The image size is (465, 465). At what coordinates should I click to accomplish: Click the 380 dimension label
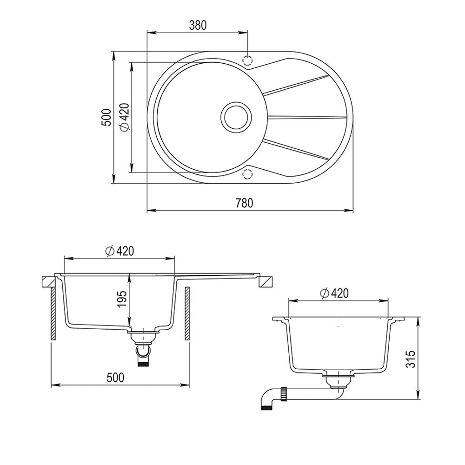coord(198,25)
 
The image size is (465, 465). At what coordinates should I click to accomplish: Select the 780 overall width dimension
coord(245,203)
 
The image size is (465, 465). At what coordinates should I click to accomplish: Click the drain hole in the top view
coord(236,117)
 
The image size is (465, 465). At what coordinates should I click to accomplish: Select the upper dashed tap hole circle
coord(247,60)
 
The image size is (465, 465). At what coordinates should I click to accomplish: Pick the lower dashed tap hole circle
coord(247,174)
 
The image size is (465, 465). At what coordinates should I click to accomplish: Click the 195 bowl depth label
coord(122,299)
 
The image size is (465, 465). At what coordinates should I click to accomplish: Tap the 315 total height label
coord(410,359)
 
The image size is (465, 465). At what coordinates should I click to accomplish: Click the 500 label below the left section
coord(115,378)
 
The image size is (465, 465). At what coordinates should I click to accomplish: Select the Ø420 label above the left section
coord(120,251)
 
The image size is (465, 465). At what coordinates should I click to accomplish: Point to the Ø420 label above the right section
coord(334,293)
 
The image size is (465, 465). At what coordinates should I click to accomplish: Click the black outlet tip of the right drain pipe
coord(266,408)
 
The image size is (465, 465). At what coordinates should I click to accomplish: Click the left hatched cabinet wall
coord(53,313)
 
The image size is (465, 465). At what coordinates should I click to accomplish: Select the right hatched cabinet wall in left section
coord(187,313)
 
